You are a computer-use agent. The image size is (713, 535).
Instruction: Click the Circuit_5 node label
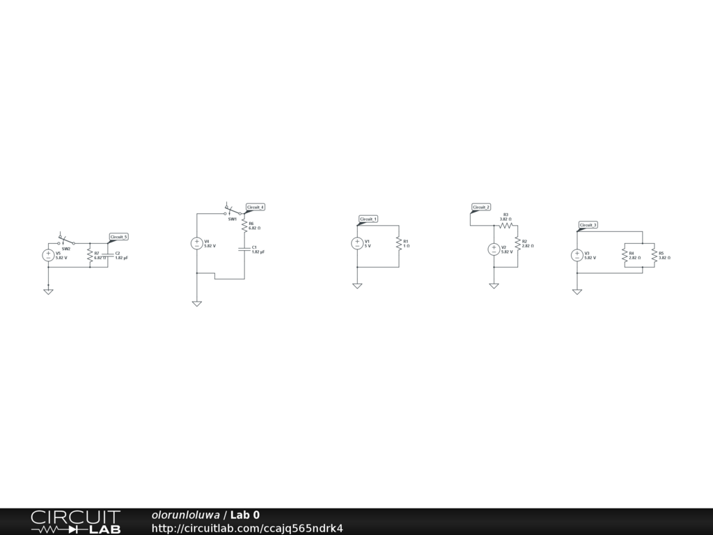click(x=119, y=237)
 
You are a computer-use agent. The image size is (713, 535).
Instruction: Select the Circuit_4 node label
click(x=256, y=207)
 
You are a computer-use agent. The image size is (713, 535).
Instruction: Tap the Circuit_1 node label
click(x=368, y=219)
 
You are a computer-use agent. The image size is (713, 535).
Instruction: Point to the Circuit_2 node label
click(x=481, y=207)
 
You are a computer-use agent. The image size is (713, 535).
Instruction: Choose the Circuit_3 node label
click(x=588, y=225)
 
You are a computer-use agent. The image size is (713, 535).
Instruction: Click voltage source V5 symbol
click(x=48, y=256)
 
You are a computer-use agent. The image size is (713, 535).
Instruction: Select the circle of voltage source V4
click(x=197, y=243)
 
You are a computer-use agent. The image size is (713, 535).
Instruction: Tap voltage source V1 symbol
click(x=357, y=243)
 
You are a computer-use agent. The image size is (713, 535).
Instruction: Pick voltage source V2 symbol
click(x=494, y=249)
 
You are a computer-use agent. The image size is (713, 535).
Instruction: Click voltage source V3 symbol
click(x=577, y=256)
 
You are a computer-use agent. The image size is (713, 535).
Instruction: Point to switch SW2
click(x=66, y=242)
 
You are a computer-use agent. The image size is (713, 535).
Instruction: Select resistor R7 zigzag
click(x=90, y=256)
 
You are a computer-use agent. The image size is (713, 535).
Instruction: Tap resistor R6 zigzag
click(x=244, y=226)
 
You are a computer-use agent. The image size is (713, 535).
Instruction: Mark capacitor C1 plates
click(x=244, y=249)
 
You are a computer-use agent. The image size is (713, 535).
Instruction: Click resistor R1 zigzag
click(x=399, y=243)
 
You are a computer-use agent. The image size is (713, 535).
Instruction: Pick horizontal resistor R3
click(x=506, y=225)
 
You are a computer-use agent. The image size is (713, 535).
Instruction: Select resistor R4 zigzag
click(x=625, y=256)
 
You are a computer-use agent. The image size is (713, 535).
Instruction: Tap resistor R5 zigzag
click(x=654, y=256)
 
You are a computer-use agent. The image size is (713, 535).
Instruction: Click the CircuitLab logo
click(x=75, y=522)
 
